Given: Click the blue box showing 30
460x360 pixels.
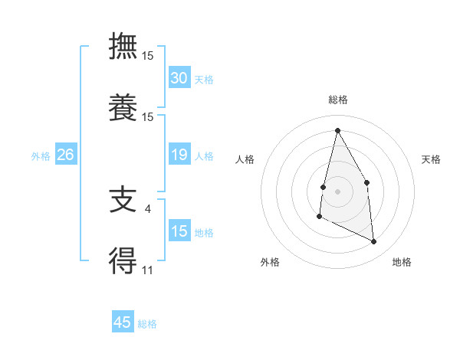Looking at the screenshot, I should click(179, 78).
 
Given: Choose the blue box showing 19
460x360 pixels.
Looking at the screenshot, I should click(179, 155).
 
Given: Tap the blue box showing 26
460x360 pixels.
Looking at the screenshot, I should click(66, 155).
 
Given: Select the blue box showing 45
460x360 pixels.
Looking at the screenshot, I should click(123, 322).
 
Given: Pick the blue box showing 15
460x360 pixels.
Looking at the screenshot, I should click(179, 231).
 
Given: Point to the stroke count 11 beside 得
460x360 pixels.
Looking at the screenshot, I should click(147, 270).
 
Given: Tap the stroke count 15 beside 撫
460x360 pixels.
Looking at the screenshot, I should click(148, 56).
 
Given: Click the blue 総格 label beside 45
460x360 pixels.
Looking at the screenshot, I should click(147, 324).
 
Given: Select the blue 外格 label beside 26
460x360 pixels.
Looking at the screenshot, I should click(41, 156).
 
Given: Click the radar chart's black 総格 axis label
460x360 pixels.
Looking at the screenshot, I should click(337, 100).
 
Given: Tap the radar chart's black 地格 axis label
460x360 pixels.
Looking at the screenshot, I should click(402, 262).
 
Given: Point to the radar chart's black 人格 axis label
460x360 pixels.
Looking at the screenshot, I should click(245, 159).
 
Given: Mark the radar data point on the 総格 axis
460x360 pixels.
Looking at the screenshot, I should click(337, 130).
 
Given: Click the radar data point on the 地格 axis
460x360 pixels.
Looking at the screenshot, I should click(374, 242).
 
